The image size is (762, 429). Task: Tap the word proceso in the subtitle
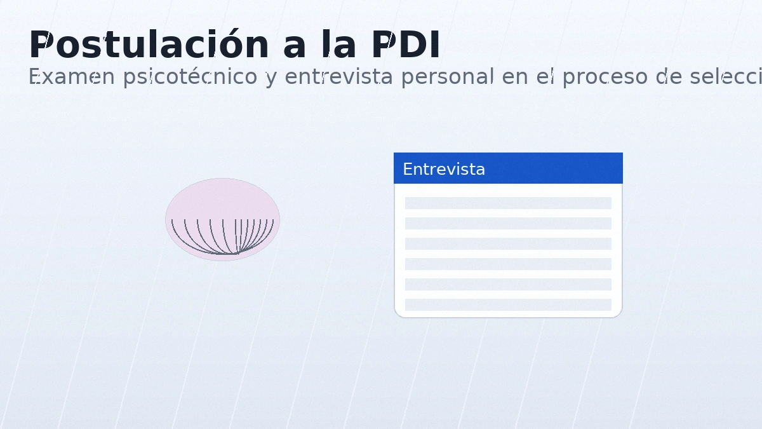(603, 77)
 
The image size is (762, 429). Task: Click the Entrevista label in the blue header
(444, 169)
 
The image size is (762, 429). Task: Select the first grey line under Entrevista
(508, 203)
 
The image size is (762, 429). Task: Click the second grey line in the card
(508, 223)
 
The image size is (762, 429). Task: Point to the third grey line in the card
(508, 243)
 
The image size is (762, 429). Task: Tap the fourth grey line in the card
(508, 264)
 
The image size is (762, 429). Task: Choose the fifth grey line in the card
(508, 284)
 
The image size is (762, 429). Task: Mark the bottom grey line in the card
(508, 304)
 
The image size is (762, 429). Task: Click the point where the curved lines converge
(237, 253)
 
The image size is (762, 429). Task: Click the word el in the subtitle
(546, 77)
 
